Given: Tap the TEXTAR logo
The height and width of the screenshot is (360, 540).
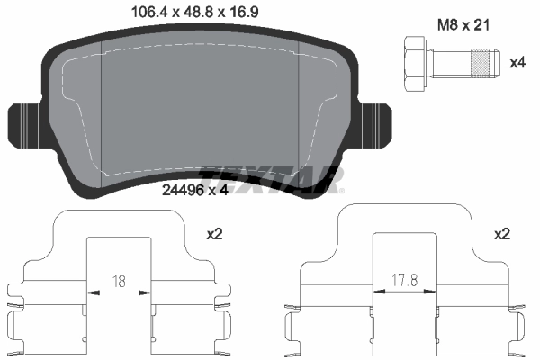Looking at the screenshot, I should point(271,178).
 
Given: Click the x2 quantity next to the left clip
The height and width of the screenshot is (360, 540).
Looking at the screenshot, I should point(214,234).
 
